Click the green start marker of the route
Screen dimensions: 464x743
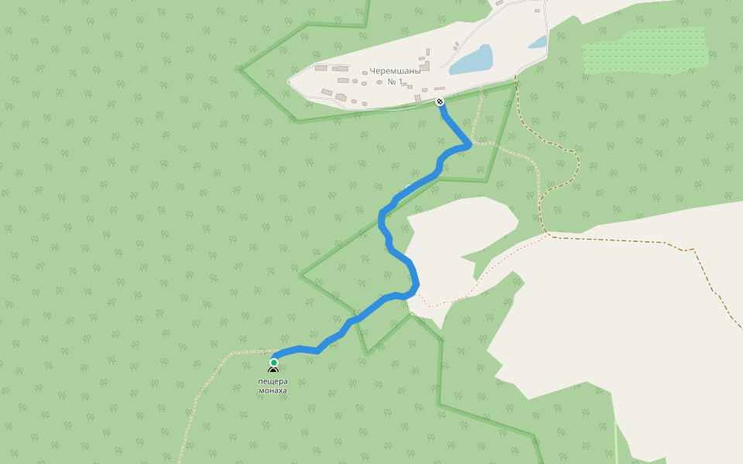coord(273,362)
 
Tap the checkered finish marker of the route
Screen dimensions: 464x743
coord(440,101)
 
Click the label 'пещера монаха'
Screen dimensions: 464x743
coord(272,386)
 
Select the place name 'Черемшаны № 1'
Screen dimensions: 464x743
coord(395,76)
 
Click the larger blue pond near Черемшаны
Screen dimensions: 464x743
coord(472,60)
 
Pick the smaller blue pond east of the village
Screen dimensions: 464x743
coord(538,43)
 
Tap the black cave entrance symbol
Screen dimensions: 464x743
coord(273,372)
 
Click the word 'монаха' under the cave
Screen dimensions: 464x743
coord(272,391)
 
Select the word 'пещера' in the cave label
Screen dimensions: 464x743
coord(272,381)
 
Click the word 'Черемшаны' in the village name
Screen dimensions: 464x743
coord(395,71)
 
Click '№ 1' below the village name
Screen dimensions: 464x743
coord(395,81)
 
